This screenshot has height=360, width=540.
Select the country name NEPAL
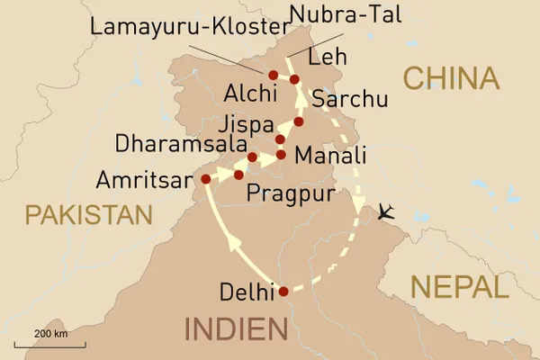459,288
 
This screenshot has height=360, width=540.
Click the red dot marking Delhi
283,291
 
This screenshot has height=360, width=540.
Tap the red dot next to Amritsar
205,178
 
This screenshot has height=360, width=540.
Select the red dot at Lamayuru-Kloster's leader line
274,74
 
